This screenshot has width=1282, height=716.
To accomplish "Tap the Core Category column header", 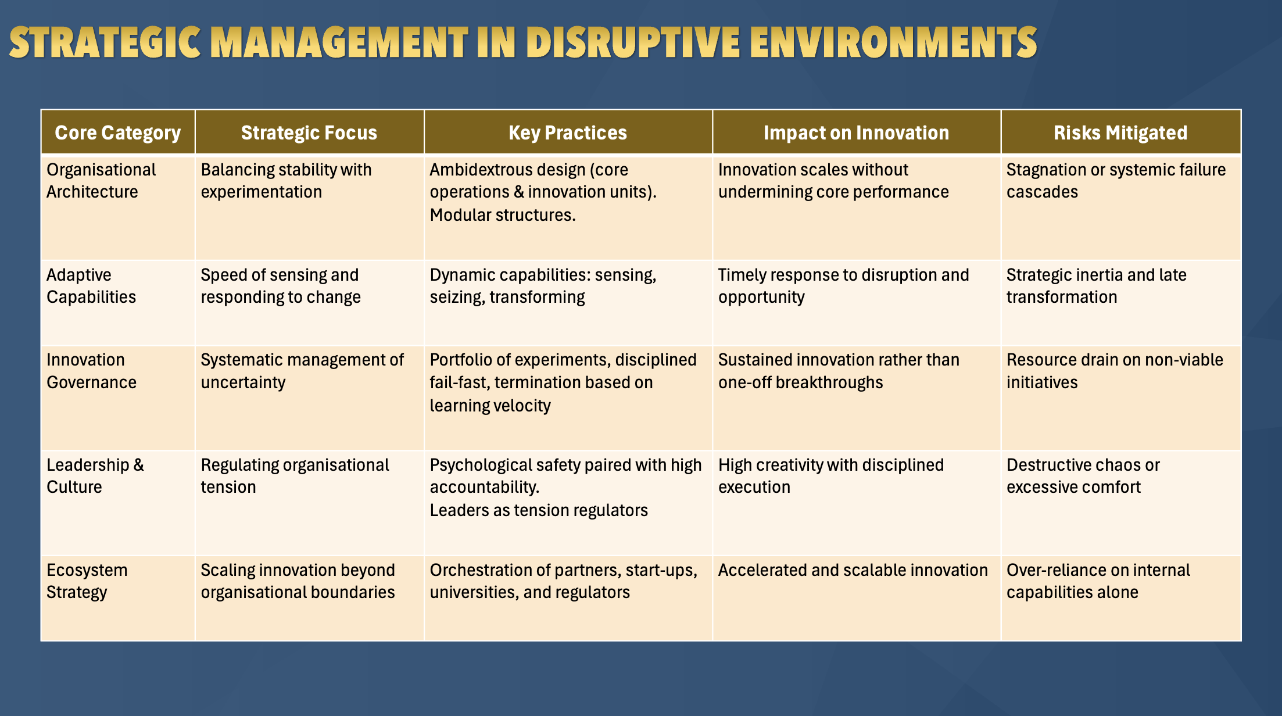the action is pos(118,133).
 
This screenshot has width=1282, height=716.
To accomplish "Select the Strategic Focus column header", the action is pos(309,133).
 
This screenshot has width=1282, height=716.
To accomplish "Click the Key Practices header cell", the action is pos(568,133).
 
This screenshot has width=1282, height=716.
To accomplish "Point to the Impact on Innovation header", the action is pos(856,133).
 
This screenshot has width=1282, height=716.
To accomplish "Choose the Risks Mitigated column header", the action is pos(1120,133).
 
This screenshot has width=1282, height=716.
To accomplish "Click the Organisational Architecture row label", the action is pos(101,181).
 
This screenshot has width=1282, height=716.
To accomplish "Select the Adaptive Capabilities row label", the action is pos(91,286).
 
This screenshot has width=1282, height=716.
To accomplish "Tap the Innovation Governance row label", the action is pos(91,371).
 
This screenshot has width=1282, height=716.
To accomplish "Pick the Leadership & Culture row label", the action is pos(95,476).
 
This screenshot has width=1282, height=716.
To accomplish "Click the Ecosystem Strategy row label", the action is pos(87,581).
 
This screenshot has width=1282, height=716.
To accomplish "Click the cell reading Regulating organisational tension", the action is pos(295,476).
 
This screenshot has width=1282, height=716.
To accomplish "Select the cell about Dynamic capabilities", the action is pos(543,286).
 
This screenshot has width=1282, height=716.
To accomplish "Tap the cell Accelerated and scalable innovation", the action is pos(853,570).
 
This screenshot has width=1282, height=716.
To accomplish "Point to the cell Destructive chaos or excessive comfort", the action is pos(1083,476).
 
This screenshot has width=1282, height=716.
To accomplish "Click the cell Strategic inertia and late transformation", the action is pos(1096,286).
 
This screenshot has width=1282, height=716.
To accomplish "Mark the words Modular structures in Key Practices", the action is pos(503,215).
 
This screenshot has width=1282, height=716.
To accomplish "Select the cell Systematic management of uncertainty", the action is pos(302,371).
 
